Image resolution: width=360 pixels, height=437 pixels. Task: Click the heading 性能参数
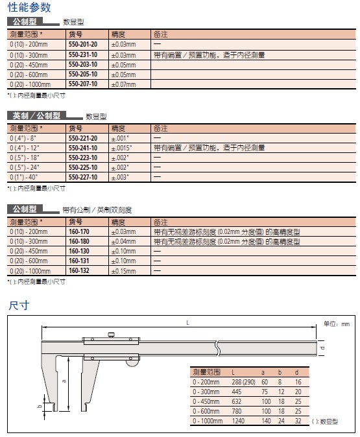tap(29, 7)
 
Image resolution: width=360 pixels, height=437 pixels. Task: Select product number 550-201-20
tap(83, 44)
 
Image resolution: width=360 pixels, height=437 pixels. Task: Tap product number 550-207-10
tap(83, 84)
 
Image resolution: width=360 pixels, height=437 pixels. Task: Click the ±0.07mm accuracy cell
tap(123, 84)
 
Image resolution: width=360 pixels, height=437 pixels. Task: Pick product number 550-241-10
tap(83, 148)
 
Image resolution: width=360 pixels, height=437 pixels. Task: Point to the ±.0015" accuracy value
tap(121, 148)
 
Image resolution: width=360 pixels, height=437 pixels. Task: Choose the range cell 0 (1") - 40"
tap(24, 177)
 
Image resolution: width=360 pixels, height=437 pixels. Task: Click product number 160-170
tap(79, 231)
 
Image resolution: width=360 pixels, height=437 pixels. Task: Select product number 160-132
tap(79, 270)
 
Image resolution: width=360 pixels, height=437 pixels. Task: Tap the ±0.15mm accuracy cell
tap(123, 271)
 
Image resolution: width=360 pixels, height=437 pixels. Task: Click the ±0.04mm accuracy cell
tap(123, 241)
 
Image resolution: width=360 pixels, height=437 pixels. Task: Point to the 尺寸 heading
tap(19, 306)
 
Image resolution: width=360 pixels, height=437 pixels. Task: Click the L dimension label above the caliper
tap(187, 323)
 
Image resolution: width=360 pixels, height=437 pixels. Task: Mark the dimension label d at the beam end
tap(322, 348)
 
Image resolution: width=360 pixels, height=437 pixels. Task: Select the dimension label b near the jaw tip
tap(40, 406)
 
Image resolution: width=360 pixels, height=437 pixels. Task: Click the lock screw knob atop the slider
tap(112, 335)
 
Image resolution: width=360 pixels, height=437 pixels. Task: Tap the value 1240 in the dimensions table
tap(238, 421)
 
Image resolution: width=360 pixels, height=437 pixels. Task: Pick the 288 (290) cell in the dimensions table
tap(243, 382)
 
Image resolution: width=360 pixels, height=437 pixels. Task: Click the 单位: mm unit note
tap(337, 324)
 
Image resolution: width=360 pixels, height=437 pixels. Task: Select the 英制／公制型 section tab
tap(37, 115)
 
